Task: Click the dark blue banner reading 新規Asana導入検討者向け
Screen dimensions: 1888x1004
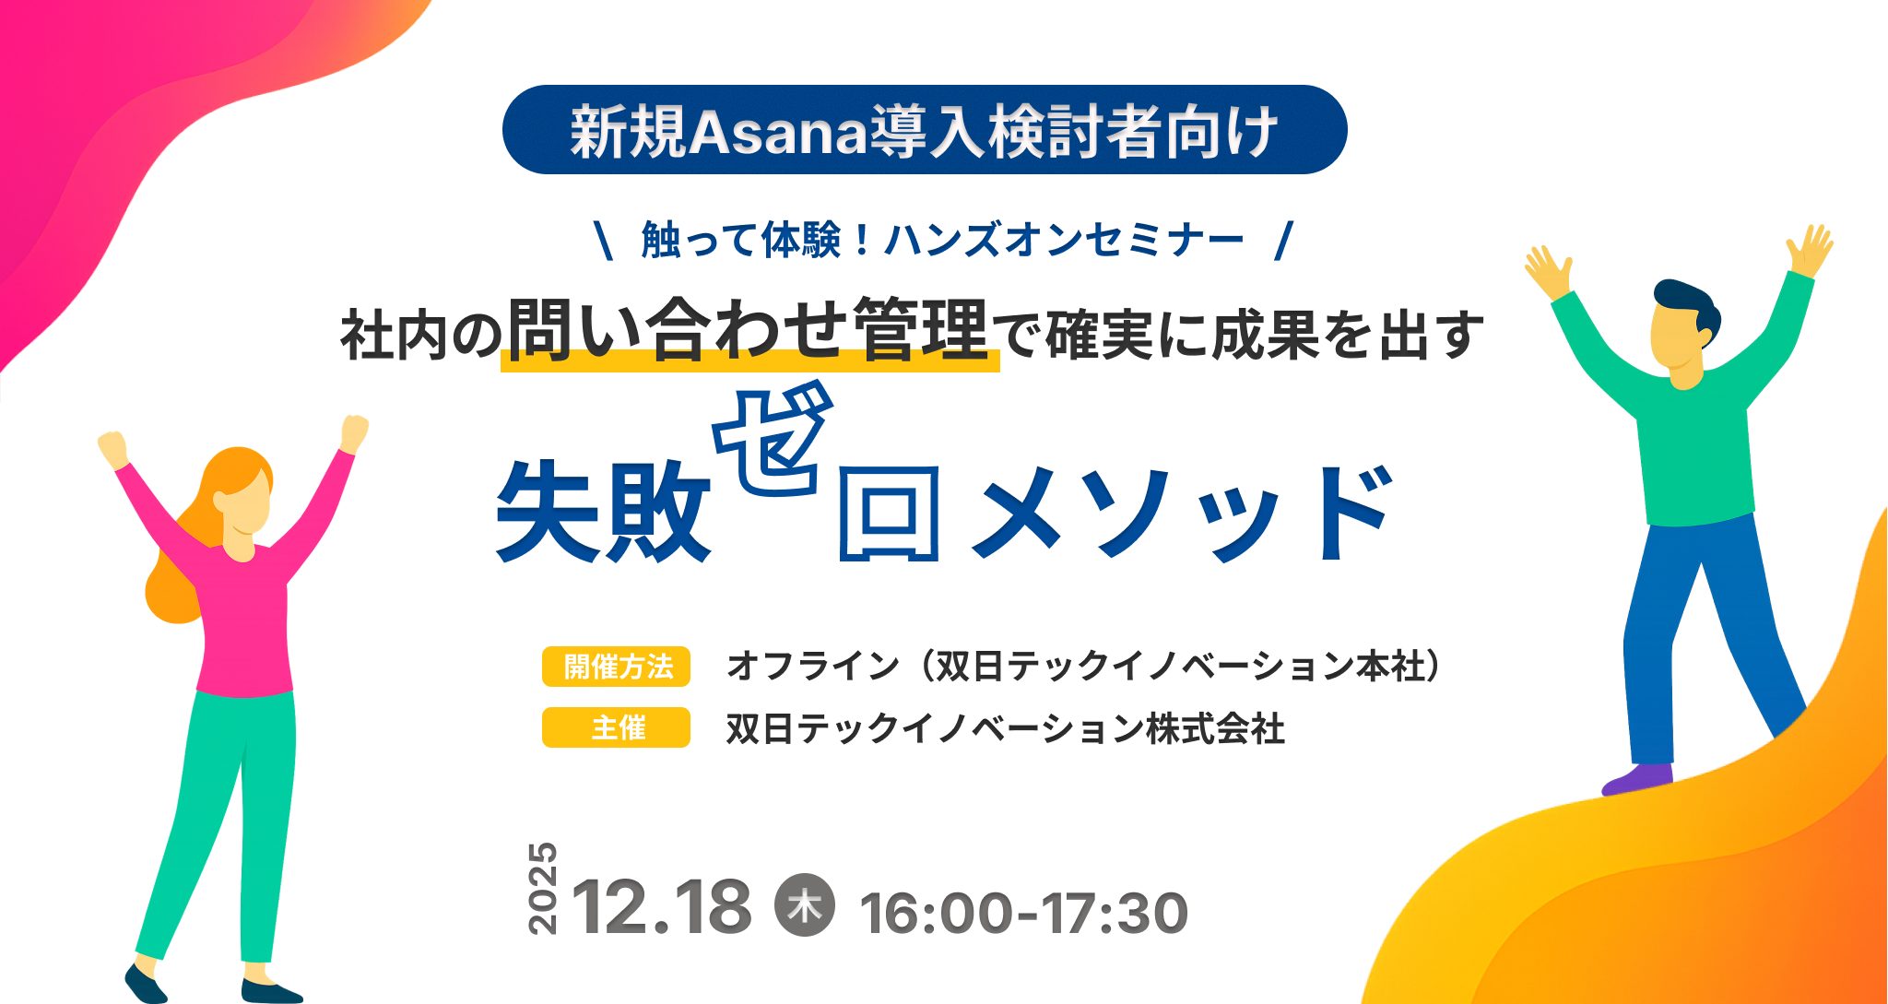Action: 925,130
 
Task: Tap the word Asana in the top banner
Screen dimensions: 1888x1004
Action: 778,133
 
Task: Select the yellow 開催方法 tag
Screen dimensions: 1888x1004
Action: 616,666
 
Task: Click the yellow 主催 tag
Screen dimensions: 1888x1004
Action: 616,727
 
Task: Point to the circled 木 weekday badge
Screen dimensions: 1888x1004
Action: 805,904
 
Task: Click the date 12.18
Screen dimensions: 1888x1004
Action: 662,906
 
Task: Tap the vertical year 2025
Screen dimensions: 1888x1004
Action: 543,888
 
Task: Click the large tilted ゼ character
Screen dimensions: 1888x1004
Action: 773,441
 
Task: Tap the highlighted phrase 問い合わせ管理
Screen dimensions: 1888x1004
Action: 749,330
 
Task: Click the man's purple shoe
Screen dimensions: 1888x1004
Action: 1637,779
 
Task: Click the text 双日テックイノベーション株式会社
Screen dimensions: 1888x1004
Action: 1005,728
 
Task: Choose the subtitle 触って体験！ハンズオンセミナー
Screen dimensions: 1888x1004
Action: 942,240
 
